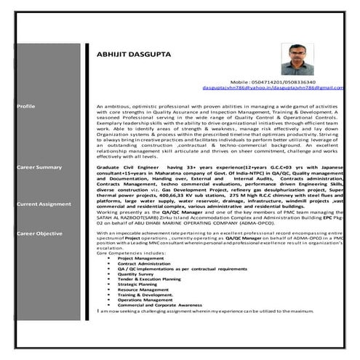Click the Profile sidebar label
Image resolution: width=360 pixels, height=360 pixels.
pos(25,105)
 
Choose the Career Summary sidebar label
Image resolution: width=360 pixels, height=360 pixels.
pos(39,167)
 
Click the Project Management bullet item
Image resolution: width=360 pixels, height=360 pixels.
pos(140,257)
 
